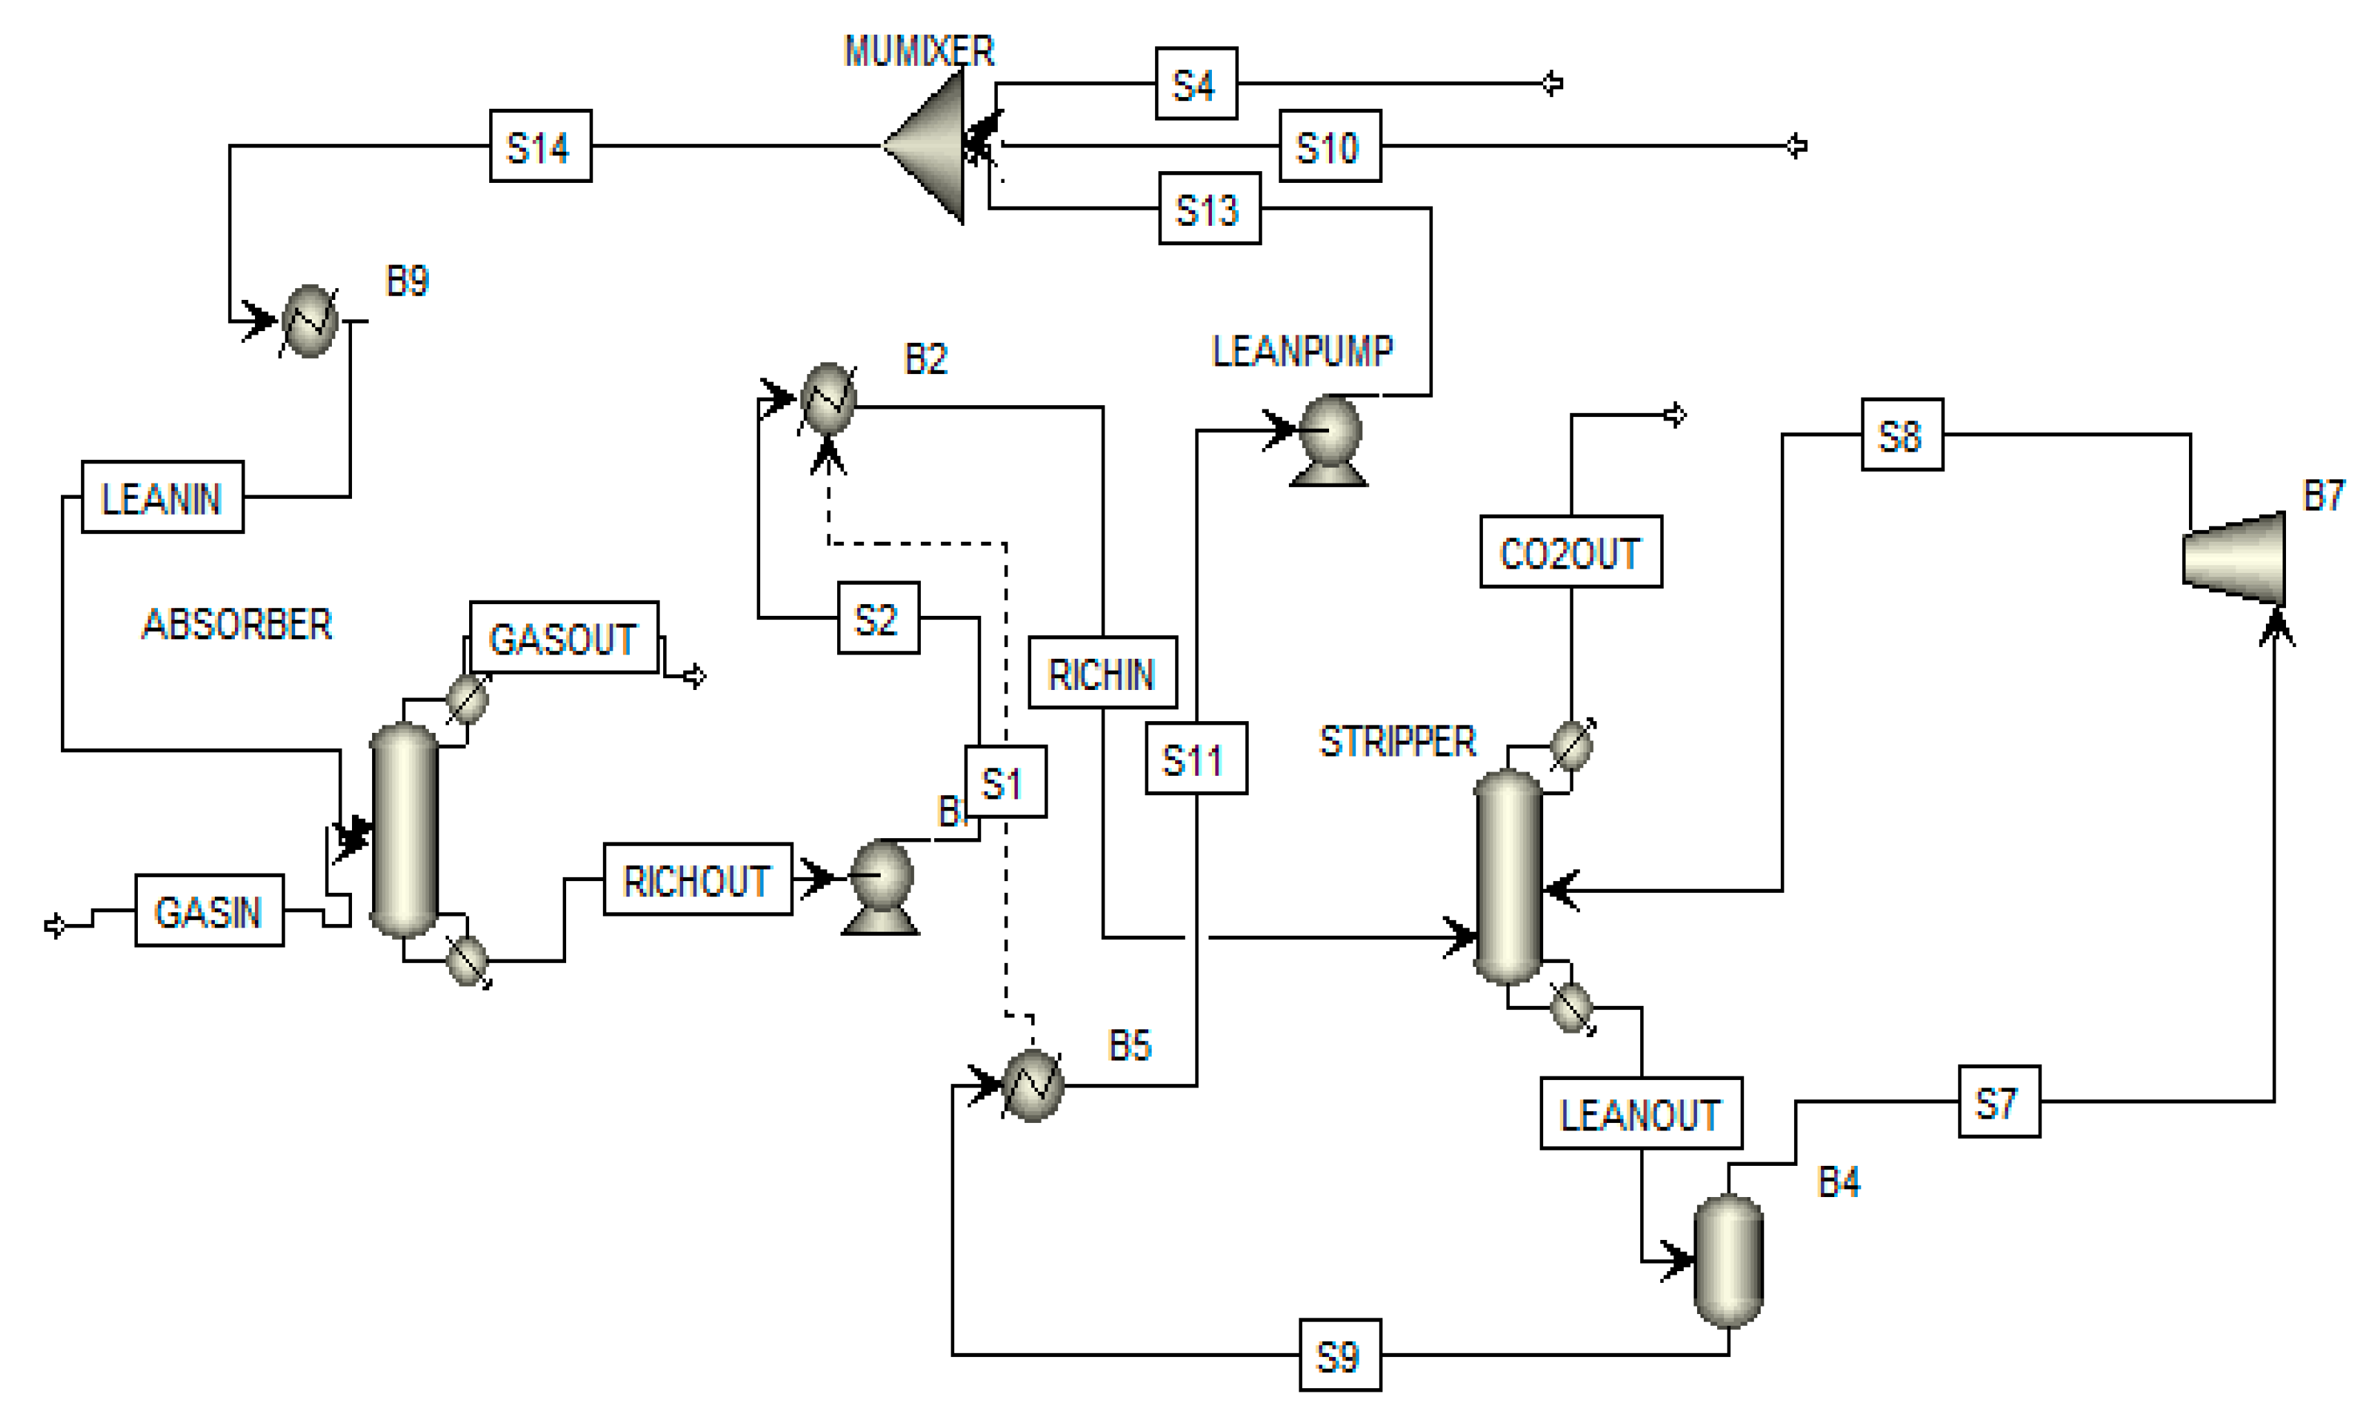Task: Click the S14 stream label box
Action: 540,146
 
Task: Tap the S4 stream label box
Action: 1195,84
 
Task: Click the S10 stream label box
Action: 1329,146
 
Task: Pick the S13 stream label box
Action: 1208,209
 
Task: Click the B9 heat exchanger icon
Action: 310,321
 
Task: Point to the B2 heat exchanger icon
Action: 827,400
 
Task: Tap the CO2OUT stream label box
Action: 1570,551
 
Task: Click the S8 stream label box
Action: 1901,435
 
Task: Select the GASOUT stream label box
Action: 564,637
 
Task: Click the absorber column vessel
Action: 404,828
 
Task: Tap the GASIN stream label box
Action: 209,911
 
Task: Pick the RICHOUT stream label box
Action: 698,879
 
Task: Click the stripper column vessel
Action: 1508,876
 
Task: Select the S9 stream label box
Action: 1339,1355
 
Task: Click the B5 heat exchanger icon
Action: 1032,1085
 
